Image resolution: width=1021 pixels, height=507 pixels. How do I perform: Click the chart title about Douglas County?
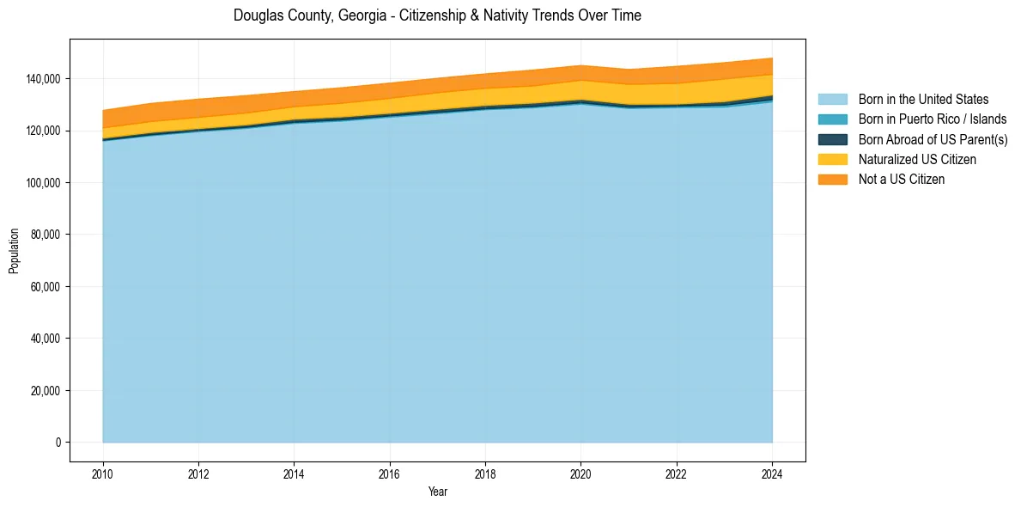[x=437, y=15]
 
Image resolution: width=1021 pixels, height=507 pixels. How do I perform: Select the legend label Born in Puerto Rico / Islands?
[x=933, y=119]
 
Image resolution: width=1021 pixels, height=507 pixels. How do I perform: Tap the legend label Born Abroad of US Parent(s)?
[x=933, y=139]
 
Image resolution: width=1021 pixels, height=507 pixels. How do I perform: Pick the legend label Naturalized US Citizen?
[x=917, y=159]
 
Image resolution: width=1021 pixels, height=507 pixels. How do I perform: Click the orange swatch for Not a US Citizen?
[x=832, y=179]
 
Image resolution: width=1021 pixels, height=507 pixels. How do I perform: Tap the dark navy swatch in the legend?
[x=832, y=139]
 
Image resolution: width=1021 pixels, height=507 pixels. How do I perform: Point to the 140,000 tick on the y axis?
[x=45, y=79]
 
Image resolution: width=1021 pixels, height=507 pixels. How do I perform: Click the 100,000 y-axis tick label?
[x=45, y=183]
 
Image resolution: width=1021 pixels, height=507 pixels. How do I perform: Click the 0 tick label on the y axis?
[x=58, y=443]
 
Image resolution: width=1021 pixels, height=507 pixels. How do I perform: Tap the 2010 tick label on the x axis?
[x=103, y=473]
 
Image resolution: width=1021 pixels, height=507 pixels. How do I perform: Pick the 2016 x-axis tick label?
[x=390, y=473]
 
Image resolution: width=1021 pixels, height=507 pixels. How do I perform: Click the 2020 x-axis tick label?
[x=581, y=473]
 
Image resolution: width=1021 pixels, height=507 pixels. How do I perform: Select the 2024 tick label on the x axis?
[x=772, y=473]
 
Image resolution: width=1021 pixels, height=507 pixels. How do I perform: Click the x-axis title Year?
[x=437, y=492]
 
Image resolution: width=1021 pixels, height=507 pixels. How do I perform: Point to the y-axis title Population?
[x=14, y=251]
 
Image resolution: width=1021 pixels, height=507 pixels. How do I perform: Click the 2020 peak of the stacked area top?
[x=581, y=66]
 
